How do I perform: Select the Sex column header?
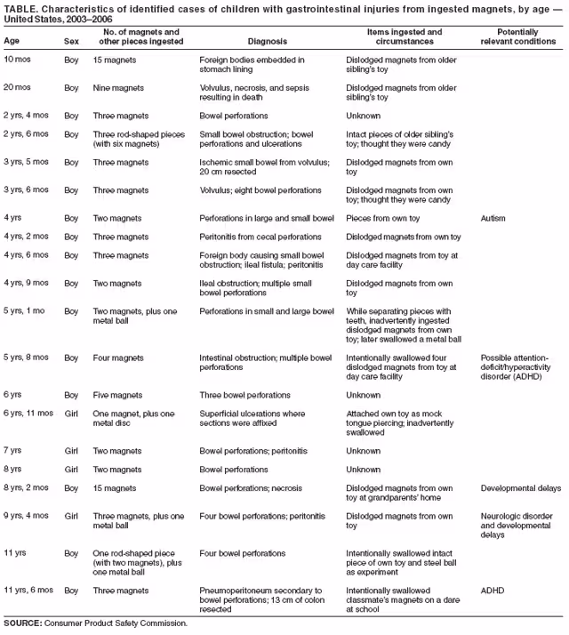72,42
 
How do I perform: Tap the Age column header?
12,42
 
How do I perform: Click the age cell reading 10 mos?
20,60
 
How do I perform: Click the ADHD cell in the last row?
492,590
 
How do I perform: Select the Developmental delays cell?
520,488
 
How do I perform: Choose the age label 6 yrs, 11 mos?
28,414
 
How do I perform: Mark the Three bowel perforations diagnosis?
245,395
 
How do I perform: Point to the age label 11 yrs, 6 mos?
28,590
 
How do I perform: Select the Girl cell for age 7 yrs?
72,451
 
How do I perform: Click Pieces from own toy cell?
382,217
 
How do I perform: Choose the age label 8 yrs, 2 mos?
26,488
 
